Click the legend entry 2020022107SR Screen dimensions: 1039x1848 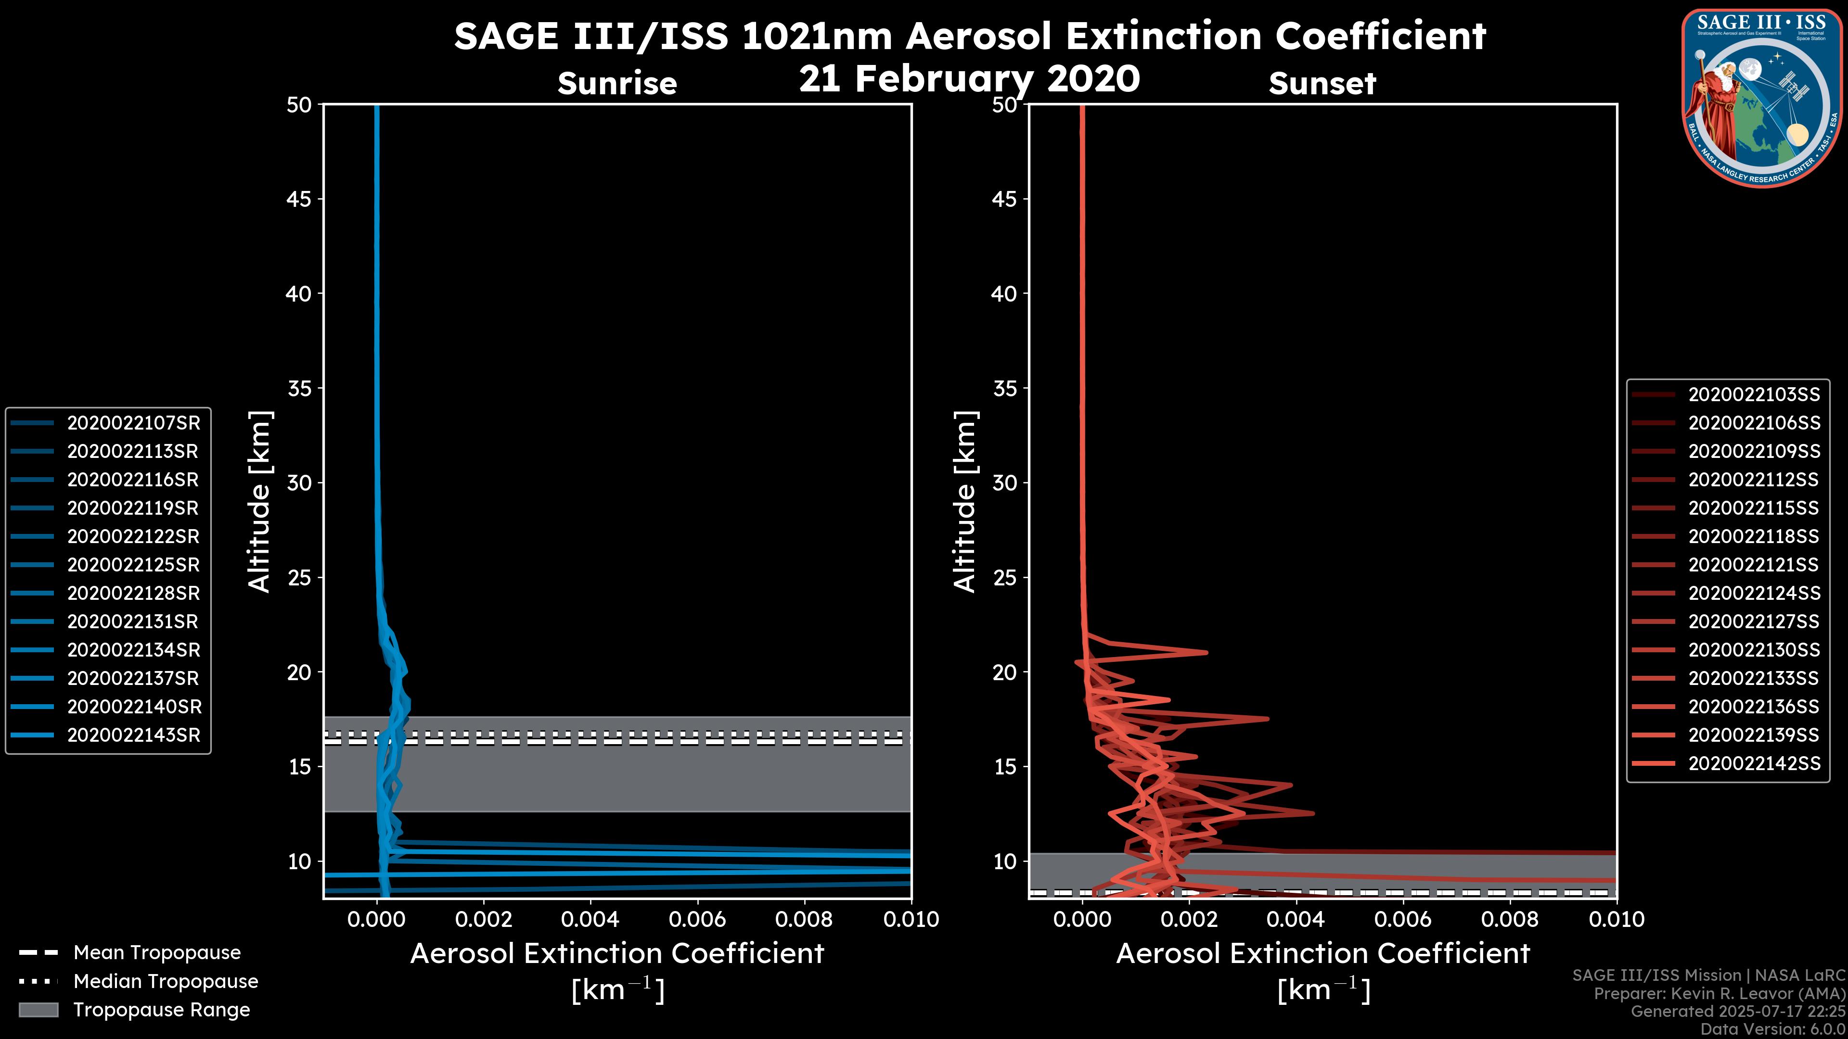point(133,423)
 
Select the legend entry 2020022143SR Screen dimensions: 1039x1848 point(133,735)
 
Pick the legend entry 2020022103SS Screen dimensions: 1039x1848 point(1753,394)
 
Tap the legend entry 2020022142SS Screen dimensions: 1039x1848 point(1753,764)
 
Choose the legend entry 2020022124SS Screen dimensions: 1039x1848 point(1753,593)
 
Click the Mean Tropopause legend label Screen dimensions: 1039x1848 point(157,952)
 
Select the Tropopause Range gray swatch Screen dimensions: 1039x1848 point(38,1010)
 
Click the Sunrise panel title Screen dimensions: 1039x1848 point(617,83)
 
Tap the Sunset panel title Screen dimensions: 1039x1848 point(1322,83)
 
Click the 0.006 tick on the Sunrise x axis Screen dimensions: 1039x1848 point(697,919)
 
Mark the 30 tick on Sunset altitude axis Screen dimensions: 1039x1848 point(1004,482)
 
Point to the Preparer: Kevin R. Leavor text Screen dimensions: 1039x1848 point(1719,993)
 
